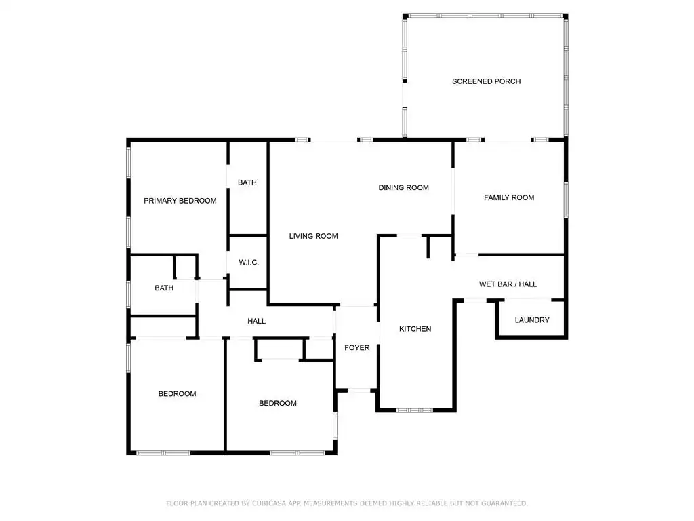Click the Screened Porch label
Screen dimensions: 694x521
[486, 81]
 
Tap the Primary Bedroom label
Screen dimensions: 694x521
[180, 201]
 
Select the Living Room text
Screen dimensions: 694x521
[313, 236]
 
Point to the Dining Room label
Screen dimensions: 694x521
[404, 187]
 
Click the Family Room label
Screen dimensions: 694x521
[509, 197]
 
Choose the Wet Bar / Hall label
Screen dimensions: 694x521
[508, 284]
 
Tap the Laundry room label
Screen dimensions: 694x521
[532, 320]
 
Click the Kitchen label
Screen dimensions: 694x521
[415, 329]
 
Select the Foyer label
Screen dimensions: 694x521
[356, 348]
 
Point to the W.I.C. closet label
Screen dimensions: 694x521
[249, 263]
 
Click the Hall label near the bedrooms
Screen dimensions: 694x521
[257, 321]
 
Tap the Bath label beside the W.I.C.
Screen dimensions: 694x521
[247, 182]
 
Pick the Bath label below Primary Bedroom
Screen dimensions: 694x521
[164, 288]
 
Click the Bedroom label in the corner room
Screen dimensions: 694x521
[177, 394]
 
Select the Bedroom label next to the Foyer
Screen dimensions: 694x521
[277, 403]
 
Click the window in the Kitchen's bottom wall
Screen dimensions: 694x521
[415, 410]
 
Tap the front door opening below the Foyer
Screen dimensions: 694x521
[359, 390]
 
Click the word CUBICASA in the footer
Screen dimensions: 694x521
[270, 503]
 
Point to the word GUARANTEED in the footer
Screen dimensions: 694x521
[504, 503]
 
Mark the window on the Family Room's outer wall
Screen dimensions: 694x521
[566, 200]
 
